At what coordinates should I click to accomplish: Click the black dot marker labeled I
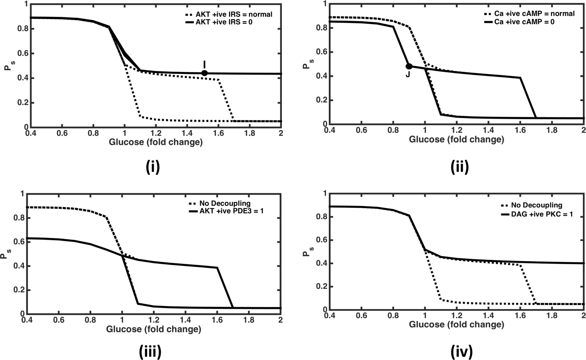tap(204, 73)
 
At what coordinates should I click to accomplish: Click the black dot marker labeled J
tap(409, 67)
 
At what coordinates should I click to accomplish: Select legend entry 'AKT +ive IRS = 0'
tap(233, 22)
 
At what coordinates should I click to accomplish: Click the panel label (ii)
tap(459, 167)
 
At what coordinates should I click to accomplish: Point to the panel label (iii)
tap(150, 351)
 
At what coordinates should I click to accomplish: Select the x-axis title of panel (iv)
tap(456, 324)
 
